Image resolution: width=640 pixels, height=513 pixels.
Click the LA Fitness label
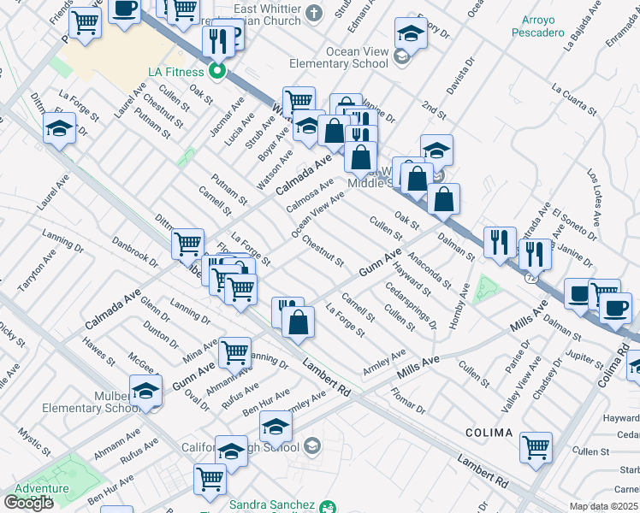(x=178, y=71)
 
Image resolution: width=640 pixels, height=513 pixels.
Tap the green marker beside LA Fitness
(x=218, y=71)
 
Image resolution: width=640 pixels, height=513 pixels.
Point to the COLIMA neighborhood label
(x=489, y=433)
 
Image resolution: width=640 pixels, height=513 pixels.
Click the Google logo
(x=28, y=503)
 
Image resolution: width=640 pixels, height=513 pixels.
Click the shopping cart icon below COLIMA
(x=536, y=445)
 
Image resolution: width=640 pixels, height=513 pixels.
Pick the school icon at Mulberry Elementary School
(x=146, y=391)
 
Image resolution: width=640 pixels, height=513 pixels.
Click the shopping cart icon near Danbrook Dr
(x=187, y=244)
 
